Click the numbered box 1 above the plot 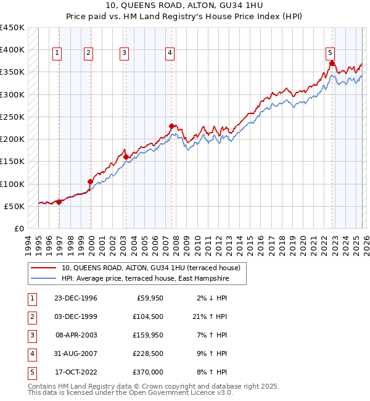tap(57, 53)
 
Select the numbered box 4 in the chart tap(169, 53)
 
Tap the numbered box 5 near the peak tap(331, 53)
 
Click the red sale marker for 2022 tap(332, 64)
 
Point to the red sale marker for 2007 tap(171, 126)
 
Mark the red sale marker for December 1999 tap(90, 182)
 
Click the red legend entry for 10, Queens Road tap(154, 268)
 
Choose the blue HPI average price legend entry tap(145, 279)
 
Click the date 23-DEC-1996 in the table tap(76, 298)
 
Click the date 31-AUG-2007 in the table tap(76, 353)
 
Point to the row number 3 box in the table tap(31, 335)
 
